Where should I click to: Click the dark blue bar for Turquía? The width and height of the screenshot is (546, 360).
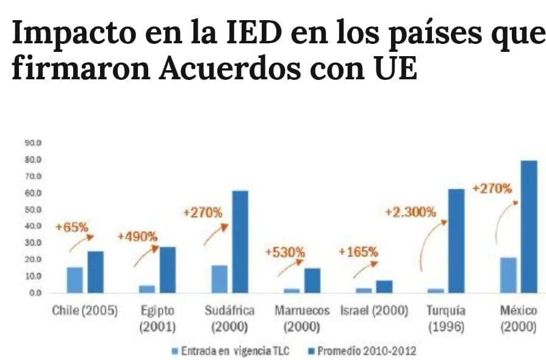456,240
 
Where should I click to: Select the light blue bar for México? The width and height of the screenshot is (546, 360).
508,275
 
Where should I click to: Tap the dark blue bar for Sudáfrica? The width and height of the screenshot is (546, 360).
240,242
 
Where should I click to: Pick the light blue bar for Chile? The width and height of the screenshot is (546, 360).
75,279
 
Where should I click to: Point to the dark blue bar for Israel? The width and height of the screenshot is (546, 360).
384,286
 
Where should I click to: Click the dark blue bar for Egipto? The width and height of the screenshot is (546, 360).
168,269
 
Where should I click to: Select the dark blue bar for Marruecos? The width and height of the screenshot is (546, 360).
312,280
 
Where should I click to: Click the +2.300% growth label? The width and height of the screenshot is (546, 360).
411,212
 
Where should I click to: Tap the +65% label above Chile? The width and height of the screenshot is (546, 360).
71,227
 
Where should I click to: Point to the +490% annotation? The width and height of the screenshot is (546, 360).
137,236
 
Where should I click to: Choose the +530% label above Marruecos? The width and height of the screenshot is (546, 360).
286,252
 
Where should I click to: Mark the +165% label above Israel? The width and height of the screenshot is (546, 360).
358,251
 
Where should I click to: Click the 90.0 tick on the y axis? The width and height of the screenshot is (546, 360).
33,143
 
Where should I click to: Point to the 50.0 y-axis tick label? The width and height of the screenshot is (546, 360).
33,210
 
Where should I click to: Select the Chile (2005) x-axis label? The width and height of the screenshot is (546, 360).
84,311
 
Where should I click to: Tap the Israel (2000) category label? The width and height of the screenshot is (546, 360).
374,311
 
